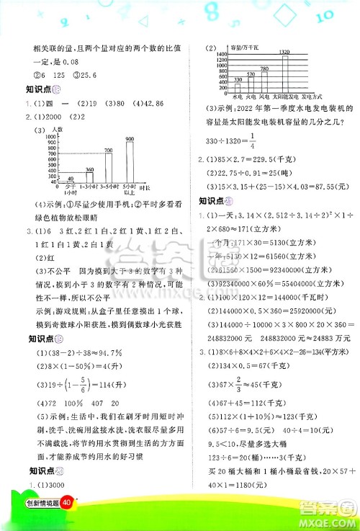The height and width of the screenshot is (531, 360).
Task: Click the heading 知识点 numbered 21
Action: click(215, 200)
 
